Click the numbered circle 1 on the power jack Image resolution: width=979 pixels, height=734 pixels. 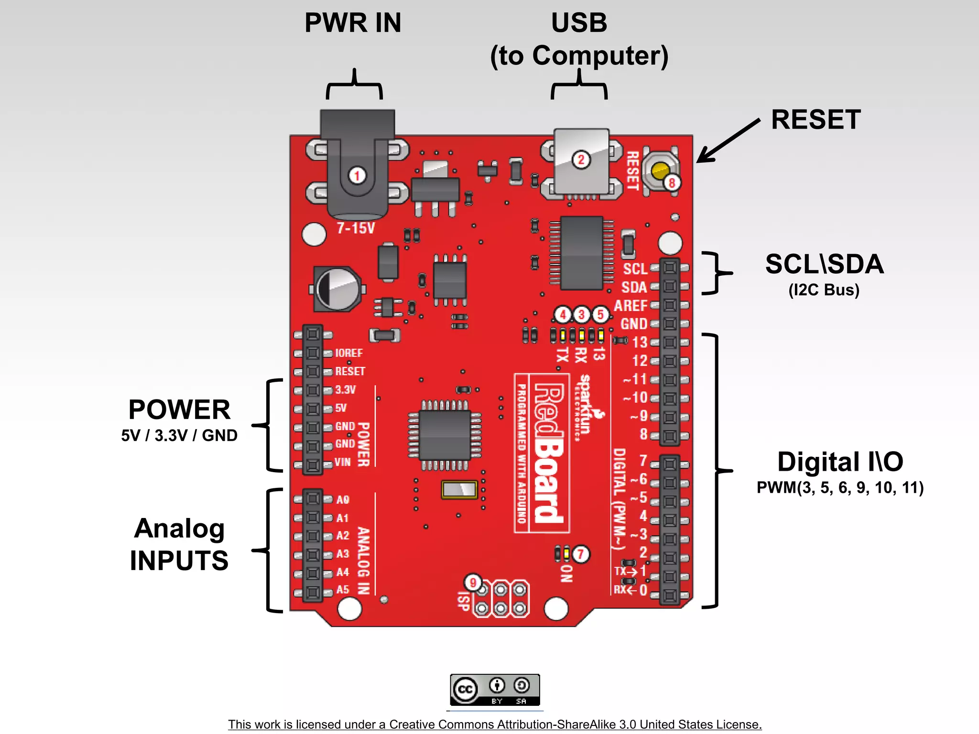click(x=357, y=175)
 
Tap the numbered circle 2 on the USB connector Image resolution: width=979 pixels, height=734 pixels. click(x=581, y=160)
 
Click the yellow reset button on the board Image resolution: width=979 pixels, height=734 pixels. click(x=661, y=171)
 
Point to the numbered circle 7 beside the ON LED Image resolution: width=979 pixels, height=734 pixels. click(x=581, y=554)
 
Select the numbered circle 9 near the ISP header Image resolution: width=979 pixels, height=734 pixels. click(x=473, y=583)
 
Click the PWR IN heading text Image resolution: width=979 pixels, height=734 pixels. click(x=353, y=23)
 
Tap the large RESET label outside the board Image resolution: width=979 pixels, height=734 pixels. click(x=816, y=119)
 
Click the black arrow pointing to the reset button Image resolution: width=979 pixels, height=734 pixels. click(x=728, y=141)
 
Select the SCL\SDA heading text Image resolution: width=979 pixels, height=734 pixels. click(x=824, y=264)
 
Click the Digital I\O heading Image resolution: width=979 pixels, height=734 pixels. click(x=840, y=462)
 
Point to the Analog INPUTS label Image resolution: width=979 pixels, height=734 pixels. click(x=179, y=544)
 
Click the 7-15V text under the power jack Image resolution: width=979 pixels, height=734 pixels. click(x=356, y=228)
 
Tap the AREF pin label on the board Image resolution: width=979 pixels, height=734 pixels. click(x=631, y=305)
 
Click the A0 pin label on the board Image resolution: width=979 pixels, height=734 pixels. click(x=343, y=500)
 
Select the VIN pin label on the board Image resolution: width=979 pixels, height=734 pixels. click(x=343, y=462)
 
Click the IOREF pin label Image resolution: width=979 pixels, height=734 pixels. click(x=348, y=353)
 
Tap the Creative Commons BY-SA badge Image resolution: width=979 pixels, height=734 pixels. click(x=495, y=690)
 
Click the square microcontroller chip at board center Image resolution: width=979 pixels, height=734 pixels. click(x=445, y=435)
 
